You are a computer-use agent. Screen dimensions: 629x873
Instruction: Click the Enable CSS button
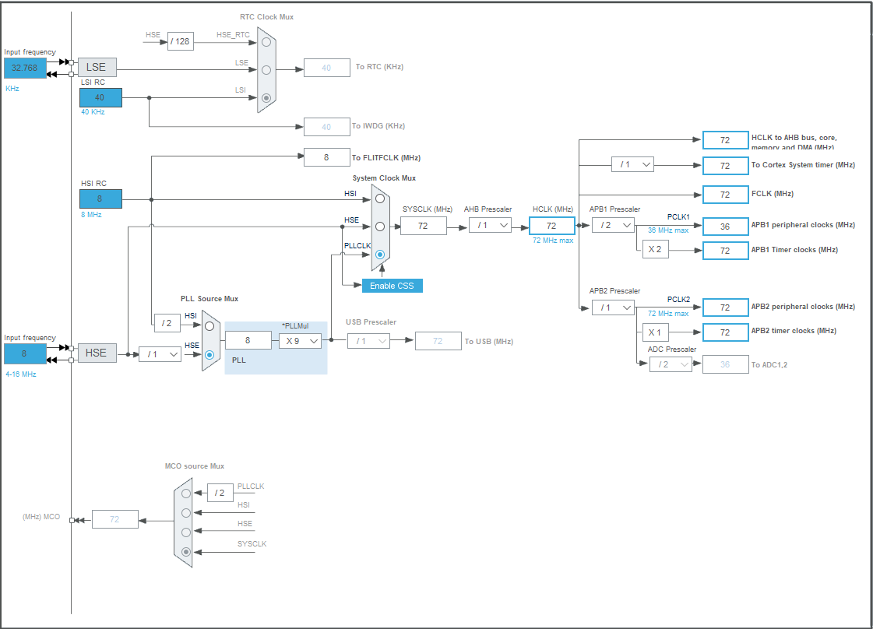point(392,286)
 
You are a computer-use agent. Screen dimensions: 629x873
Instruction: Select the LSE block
point(97,68)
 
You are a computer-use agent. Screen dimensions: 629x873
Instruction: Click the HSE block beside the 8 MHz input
point(97,353)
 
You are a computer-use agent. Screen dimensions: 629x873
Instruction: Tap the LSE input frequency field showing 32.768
point(26,68)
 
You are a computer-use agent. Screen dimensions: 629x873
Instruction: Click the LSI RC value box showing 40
point(100,97)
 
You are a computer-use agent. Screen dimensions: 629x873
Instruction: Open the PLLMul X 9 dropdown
point(301,340)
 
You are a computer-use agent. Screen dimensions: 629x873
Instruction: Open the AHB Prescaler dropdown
point(490,225)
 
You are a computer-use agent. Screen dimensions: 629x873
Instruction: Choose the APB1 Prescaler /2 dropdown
point(613,225)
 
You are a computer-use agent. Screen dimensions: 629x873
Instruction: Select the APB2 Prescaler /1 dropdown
point(613,307)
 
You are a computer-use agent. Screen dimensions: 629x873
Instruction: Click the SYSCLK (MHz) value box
point(424,226)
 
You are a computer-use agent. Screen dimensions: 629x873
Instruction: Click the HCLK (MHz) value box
point(551,226)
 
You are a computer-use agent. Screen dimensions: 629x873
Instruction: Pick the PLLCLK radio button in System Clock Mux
point(380,255)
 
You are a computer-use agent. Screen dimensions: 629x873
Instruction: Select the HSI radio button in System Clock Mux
point(380,199)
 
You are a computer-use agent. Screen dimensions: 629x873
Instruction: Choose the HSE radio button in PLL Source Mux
point(209,354)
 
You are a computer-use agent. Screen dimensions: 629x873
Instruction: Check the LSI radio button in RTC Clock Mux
point(266,98)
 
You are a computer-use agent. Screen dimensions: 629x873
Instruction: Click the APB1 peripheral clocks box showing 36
point(725,226)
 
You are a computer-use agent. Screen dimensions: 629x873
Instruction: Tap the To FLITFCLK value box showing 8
point(326,157)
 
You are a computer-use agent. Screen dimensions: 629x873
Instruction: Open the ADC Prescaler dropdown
point(671,364)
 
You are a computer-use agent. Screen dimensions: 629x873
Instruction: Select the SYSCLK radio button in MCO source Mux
point(185,552)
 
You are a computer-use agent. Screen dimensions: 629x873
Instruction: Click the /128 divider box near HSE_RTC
point(181,41)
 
